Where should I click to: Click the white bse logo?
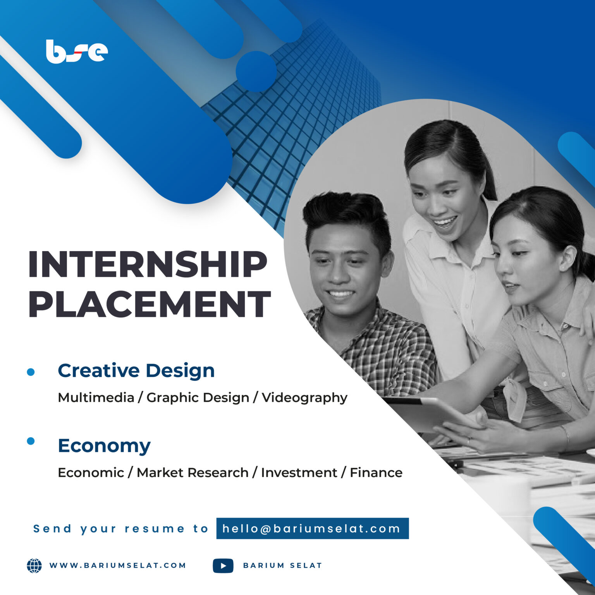[x=77, y=52]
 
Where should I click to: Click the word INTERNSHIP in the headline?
[x=148, y=265]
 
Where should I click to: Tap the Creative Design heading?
[x=136, y=371]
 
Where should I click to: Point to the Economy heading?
[x=104, y=446]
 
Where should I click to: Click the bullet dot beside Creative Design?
[x=31, y=372]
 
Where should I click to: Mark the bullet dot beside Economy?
[x=31, y=441]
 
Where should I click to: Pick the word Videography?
[x=304, y=398]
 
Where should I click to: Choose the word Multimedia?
[x=96, y=397]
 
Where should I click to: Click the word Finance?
[x=376, y=473]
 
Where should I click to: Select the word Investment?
[x=299, y=473]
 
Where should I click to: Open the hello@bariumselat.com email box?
[x=313, y=528]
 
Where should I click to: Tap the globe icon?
[x=34, y=566]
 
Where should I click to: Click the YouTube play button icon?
[x=223, y=566]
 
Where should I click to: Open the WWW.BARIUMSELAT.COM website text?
[x=118, y=566]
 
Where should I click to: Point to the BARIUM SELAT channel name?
[x=282, y=566]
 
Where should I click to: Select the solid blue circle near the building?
[x=256, y=71]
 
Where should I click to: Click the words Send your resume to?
[x=121, y=529]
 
